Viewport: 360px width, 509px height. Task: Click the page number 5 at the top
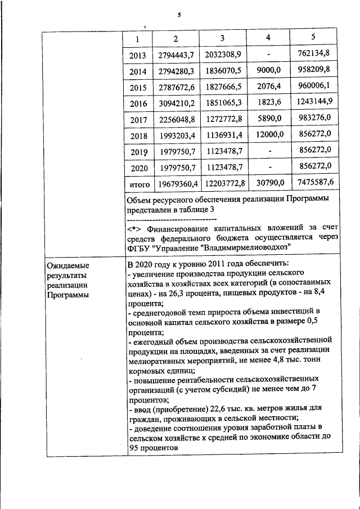tap(179, 15)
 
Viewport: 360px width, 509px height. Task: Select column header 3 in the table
tap(222, 38)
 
